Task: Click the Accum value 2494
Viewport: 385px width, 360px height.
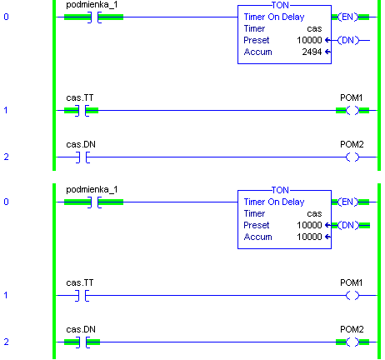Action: tap(312, 52)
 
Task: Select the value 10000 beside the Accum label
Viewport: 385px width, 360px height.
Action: tap(309, 237)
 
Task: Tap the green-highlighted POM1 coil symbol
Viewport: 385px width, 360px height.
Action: tap(352, 111)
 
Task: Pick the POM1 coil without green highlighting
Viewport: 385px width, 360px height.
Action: tap(352, 295)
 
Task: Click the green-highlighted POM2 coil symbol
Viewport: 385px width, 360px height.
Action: tap(352, 342)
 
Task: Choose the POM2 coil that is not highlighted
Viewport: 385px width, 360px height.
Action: tap(352, 157)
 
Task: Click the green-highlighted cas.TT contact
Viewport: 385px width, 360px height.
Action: tap(82, 111)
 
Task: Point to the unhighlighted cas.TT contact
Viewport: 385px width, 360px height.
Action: tap(82, 296)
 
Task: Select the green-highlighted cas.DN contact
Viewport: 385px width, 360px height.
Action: tap(82, 342)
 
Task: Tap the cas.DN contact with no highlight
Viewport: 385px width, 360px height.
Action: tap(82, 157)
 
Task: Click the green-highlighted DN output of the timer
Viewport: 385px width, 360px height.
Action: tap(348, 225)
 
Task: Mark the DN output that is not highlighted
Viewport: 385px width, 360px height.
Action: tap(348, 40)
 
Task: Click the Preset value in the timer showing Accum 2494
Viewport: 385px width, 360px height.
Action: tap(309, 40)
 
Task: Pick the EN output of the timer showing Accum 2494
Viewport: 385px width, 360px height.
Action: tap(348, 17)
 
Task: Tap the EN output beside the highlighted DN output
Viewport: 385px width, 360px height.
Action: tap(348, 202)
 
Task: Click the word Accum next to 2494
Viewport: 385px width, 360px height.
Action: tap(257, 52)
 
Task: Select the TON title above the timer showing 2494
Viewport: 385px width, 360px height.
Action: tap(280, 5)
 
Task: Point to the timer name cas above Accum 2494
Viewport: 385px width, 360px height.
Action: tap(314, 29)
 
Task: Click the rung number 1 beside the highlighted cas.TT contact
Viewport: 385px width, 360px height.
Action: tap(6, 110)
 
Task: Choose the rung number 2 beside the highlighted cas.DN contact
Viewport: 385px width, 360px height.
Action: tap(6, 342)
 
